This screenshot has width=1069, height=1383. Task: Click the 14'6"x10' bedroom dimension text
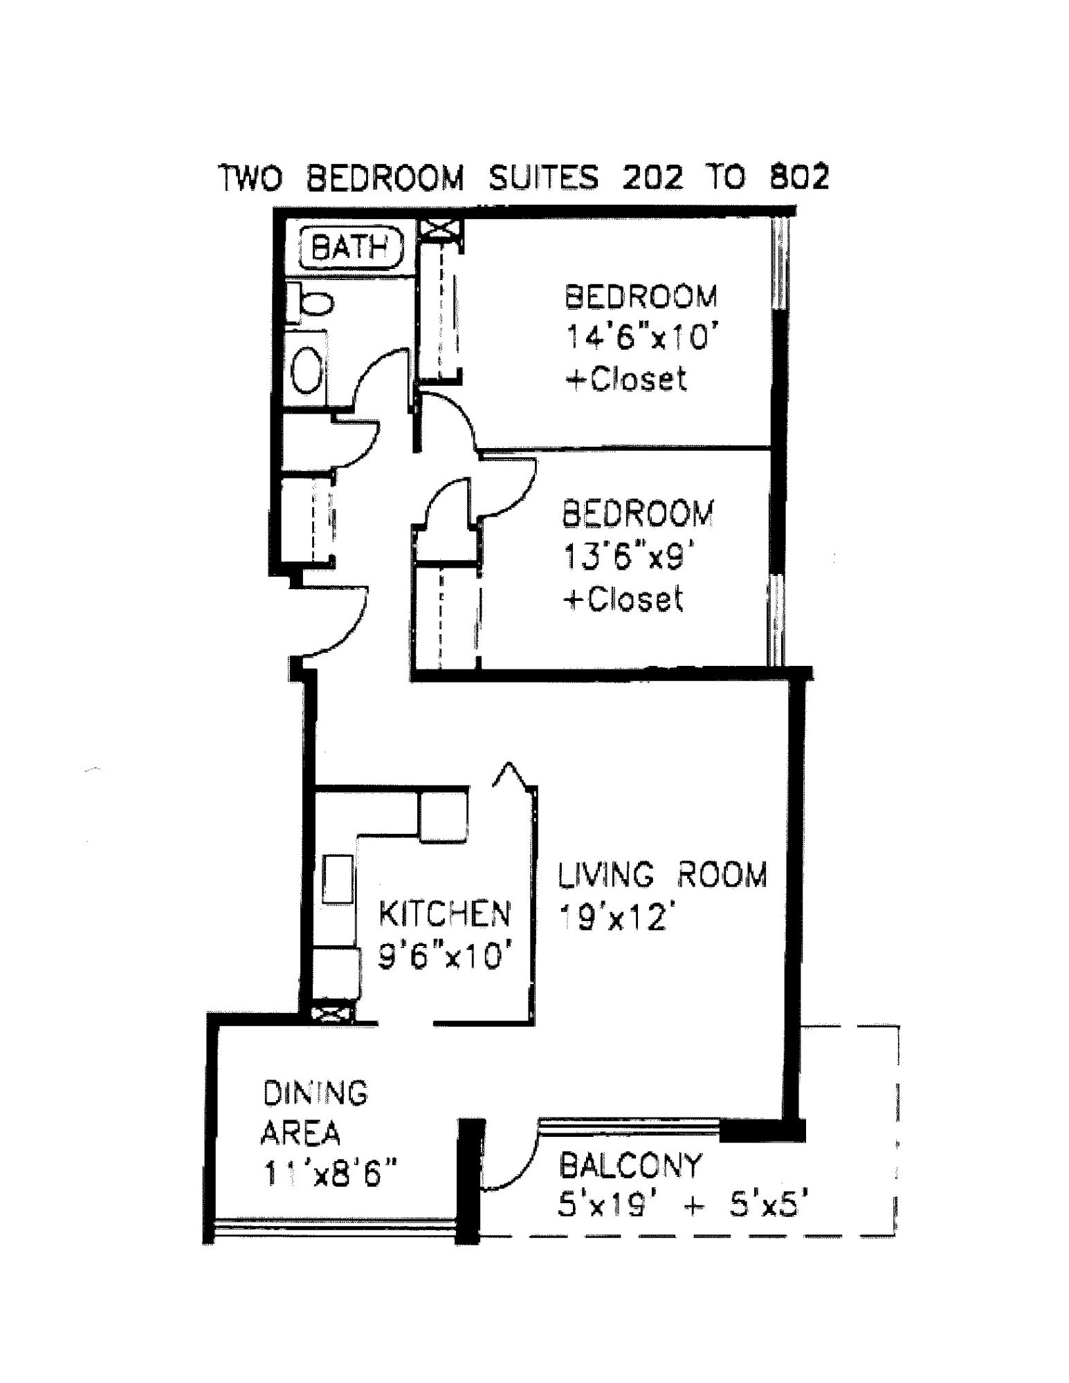pos(639,338)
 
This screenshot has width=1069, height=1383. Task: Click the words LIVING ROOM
pos(662,875)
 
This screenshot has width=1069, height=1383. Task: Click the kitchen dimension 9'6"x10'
pos(446,956)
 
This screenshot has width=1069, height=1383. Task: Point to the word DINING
pos(316,1093)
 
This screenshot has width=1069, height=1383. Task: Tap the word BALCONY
pos(630,1166)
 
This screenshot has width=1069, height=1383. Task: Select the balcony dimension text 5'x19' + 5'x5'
pos(682,1207)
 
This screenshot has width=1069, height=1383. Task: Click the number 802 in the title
pos(798,178)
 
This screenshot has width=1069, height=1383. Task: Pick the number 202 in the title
pos(652,178)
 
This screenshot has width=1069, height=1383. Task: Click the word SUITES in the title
pos(543,178)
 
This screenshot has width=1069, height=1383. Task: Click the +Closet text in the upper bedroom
pos(626,380)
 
